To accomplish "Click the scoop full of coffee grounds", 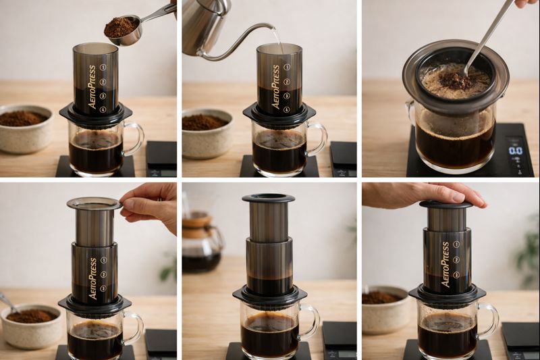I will coord(122,28).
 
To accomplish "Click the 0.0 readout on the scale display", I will coord(515,150).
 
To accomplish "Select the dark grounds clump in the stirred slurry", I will coord(459,80).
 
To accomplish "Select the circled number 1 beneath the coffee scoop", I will coord(104,68).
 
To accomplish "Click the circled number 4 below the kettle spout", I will coord(286,109).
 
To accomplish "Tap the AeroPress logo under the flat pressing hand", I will coord(445,263).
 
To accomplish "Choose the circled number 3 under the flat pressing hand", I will coord(457,275).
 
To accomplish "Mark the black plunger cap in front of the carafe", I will coord(268,199).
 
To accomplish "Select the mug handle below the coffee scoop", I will coord(134,138).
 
